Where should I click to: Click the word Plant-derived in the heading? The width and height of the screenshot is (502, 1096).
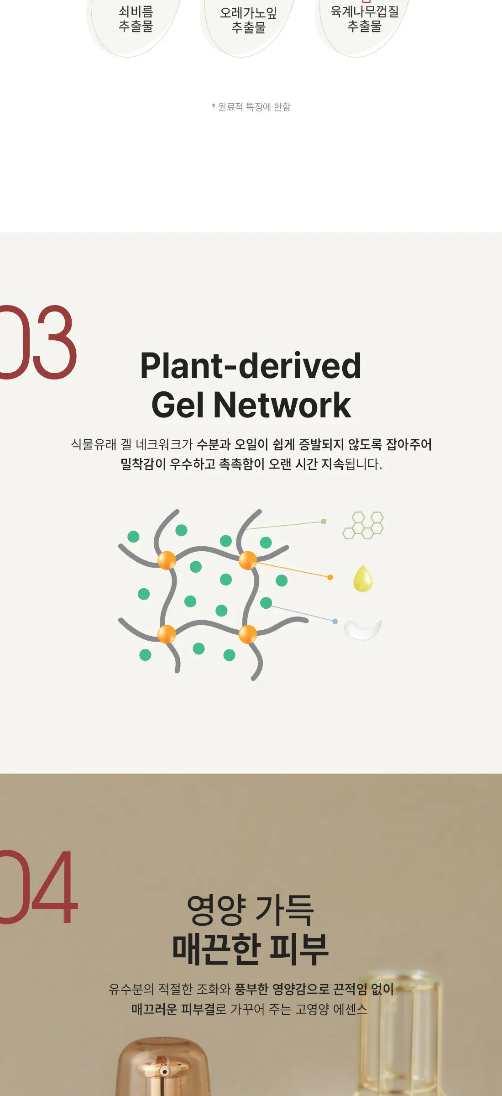[251, 366]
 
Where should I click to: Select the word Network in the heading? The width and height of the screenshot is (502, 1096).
[282, 405]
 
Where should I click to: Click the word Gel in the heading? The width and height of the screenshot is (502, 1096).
[178, 405]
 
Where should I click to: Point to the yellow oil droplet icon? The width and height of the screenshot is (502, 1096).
[363, 578]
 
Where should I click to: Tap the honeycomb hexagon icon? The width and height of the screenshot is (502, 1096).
[363, 525]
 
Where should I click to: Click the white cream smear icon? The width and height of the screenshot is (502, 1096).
[363, 630]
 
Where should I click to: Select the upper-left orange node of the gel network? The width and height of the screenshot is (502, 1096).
[167, 560]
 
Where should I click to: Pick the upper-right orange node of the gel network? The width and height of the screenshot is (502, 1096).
[248, 560]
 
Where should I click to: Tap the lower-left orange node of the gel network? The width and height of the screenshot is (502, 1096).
[167, 634]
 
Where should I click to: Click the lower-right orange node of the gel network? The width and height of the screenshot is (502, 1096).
[248, 634]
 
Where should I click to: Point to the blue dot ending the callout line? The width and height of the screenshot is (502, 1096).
[335, 621]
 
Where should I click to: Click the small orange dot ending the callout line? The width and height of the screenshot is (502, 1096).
[330, 577]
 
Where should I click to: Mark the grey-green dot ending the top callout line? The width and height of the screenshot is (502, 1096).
[324, 521]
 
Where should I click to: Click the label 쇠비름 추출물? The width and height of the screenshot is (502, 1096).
[136, 19]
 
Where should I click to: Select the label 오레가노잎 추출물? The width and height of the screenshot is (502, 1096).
[249, 20]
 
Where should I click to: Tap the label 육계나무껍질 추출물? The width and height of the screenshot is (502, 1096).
[365, 19]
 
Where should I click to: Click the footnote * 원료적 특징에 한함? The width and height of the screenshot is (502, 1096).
[251, 107]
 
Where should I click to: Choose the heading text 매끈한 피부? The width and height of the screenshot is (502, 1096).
[251, 949]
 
